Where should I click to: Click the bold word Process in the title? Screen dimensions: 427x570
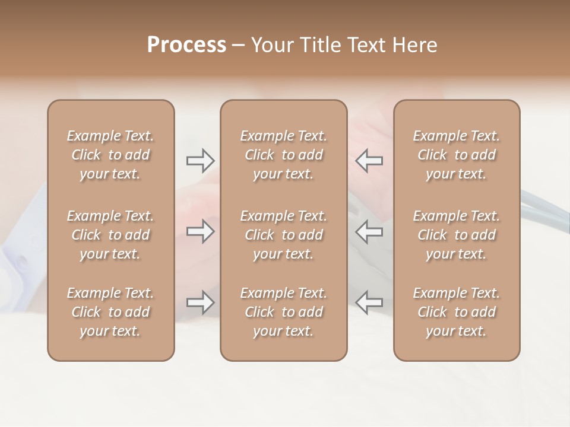pos(186,45)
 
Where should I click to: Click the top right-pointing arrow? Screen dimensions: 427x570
pos(200,160)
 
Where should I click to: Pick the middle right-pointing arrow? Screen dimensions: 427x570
pos(200,231)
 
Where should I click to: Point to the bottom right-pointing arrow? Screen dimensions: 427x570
pos(200,302)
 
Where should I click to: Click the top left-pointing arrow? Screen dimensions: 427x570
pos(369,160)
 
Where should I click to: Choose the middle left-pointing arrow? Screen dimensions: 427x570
pos(369,231)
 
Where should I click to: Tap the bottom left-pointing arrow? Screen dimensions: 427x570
pos(369,302)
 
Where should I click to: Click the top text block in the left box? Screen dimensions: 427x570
pos(110,155)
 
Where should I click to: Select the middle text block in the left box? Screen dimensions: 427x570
pos(110,235)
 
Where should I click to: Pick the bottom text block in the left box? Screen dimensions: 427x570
pos(110,312)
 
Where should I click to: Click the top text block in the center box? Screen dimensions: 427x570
pos(283,155)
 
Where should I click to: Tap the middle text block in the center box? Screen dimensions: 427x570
pos(283,235)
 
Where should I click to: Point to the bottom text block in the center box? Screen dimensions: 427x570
pos(283,312)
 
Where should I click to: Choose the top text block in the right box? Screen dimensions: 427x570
pos(456,155)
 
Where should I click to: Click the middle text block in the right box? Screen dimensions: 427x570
pos(456,235)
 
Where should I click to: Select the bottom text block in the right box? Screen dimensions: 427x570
pos(456,312)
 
